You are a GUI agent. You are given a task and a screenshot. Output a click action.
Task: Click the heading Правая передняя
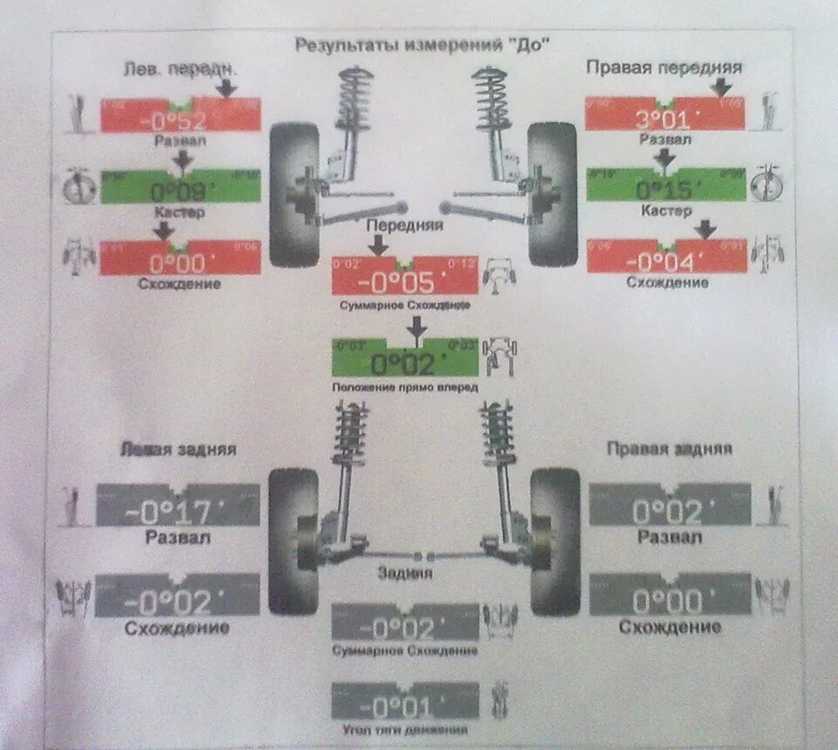pyautogui.click(x=663, y=67)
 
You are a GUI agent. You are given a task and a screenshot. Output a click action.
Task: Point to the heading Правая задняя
pyautogui.click(x=670, y=449)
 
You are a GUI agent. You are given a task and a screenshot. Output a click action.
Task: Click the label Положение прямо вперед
pyautogui.click(x=405, y=386)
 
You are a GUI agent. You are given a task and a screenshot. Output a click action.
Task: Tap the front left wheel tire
pyautogui.click(x=292, y=194)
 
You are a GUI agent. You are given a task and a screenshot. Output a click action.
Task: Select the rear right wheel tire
pyautogui.click(x=555, y=541)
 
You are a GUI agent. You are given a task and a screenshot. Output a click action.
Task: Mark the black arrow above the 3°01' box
pyautogui.click(x=721, y=86)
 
